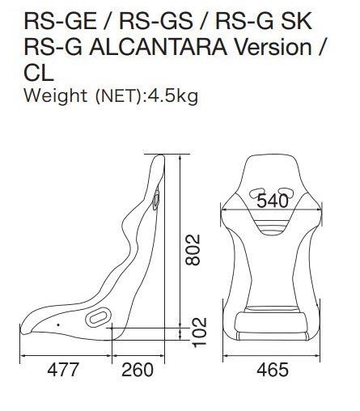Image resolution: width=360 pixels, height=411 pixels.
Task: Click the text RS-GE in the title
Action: point(50,20)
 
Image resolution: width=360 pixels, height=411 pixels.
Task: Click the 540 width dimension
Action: point(272,200)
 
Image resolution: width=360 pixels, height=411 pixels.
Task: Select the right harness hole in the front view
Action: point(284,193)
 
